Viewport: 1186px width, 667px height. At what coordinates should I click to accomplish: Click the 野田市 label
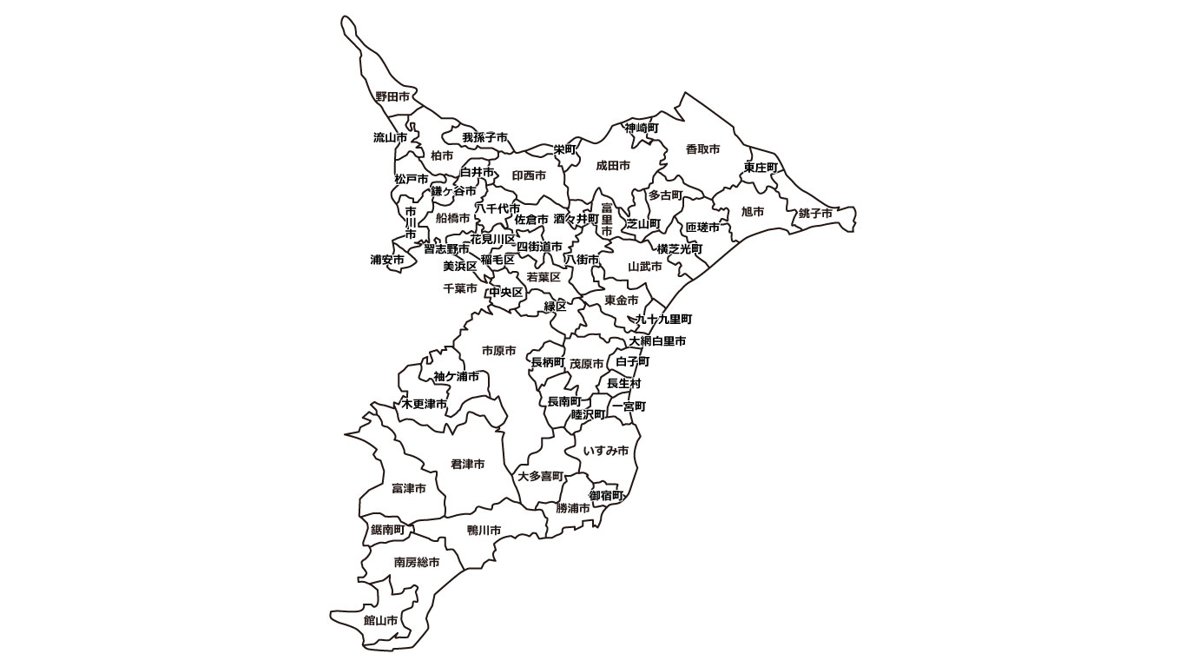tap(392, 96)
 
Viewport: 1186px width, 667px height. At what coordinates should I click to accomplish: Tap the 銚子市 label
tap(816, 214)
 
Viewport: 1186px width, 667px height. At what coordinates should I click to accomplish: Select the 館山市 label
tap(381, 621)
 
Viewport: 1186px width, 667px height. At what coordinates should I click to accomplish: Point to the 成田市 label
tap(613, 165)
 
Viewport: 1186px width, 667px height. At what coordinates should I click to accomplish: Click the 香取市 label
tap(702, 149)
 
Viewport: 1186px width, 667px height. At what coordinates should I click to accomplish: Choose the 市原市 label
tap(498, 351)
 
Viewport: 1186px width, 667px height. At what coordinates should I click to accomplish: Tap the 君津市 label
tap(468, 465)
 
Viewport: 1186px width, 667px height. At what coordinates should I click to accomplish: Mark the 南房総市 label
tap(417, 563)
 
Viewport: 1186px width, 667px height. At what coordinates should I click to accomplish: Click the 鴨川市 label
tap(484, 530)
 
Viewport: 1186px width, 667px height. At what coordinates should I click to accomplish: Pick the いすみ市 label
tap(606, 451)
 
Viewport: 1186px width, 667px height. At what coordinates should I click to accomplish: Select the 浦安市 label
tap(387, 260)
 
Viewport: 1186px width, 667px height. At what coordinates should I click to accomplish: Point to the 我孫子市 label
tap(484, 137)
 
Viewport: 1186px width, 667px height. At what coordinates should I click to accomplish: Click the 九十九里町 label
tap(663, 320)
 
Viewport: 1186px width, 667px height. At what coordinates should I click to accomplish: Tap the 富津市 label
tap(409, 489)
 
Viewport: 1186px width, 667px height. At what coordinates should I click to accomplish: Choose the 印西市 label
tap(529, 175)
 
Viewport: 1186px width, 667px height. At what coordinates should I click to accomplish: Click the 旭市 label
tap(753, 212)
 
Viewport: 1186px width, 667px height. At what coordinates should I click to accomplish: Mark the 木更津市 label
tap(425, 405)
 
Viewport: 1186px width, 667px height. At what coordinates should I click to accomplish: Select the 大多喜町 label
tap(541, 477)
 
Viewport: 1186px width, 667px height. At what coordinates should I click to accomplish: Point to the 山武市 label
tap(645, 267)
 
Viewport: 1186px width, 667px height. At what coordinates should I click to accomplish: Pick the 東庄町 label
tap(761, 167)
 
